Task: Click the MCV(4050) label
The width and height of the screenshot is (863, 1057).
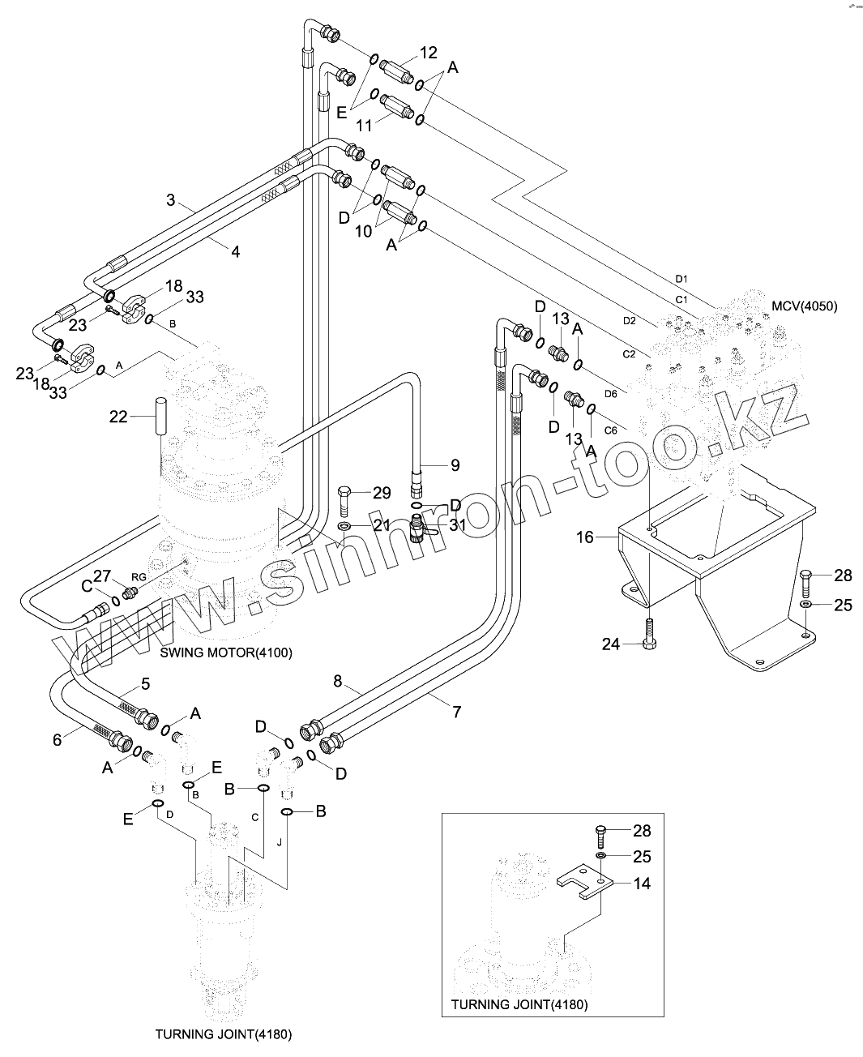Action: point(805,306)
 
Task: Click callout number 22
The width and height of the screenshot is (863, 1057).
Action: point(119,417)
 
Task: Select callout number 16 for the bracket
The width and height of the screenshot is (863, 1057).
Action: point(584,537)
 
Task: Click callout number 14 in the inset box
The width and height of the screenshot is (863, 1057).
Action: point(642,884)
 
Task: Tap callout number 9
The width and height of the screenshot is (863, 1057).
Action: point(455,465)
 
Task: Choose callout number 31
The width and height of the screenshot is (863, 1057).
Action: point(458,524)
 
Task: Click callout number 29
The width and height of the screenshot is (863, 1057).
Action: point(382,492)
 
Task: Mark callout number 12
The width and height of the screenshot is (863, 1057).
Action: point(428,53)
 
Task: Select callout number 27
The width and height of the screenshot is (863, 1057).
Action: point(101,576)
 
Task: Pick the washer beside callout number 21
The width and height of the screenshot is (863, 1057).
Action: point(344,528)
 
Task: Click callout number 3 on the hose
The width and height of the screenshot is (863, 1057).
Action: point(170,199)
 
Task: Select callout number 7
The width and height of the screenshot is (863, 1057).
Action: point(457,712)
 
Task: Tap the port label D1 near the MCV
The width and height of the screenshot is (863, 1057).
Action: point(681,279)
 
